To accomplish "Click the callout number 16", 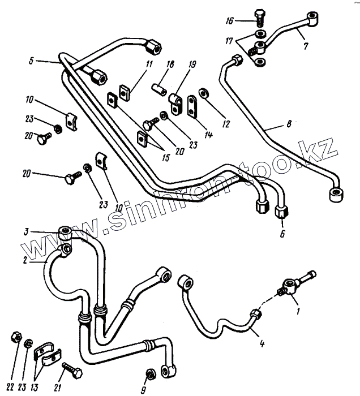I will click(x=228, y=21).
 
